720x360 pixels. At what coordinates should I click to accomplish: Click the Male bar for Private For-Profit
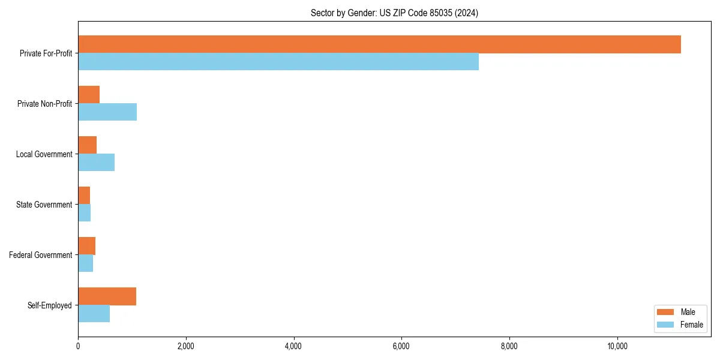(379, 44)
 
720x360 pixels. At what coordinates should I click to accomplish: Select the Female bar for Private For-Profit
(278, 62)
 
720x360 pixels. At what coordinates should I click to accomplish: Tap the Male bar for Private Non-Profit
(89, 95)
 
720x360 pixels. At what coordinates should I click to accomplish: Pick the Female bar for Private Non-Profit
(107, 112)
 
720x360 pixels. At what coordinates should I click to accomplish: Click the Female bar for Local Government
(96, 163)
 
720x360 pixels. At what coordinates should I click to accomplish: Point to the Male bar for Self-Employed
(107, 296)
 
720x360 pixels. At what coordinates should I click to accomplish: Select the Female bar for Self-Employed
(94, 314)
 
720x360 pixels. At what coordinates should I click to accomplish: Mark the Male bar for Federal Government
(86, 246)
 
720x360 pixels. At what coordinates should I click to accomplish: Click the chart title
(394, 13)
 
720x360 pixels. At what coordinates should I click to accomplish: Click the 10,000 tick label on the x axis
(617, 346)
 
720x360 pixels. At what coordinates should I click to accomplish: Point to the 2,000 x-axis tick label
(185, 346)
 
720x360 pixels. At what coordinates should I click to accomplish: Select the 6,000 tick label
(401, 346)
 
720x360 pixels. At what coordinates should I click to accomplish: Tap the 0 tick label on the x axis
(78, 346)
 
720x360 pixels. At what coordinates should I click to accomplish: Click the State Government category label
(44, 205)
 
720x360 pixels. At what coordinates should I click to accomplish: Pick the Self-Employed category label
(50, 305)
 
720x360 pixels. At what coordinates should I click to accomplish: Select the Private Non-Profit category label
(44, 104)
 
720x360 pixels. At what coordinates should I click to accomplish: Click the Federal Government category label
(41, 255)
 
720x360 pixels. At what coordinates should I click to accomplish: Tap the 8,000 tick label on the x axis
(509, 346)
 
